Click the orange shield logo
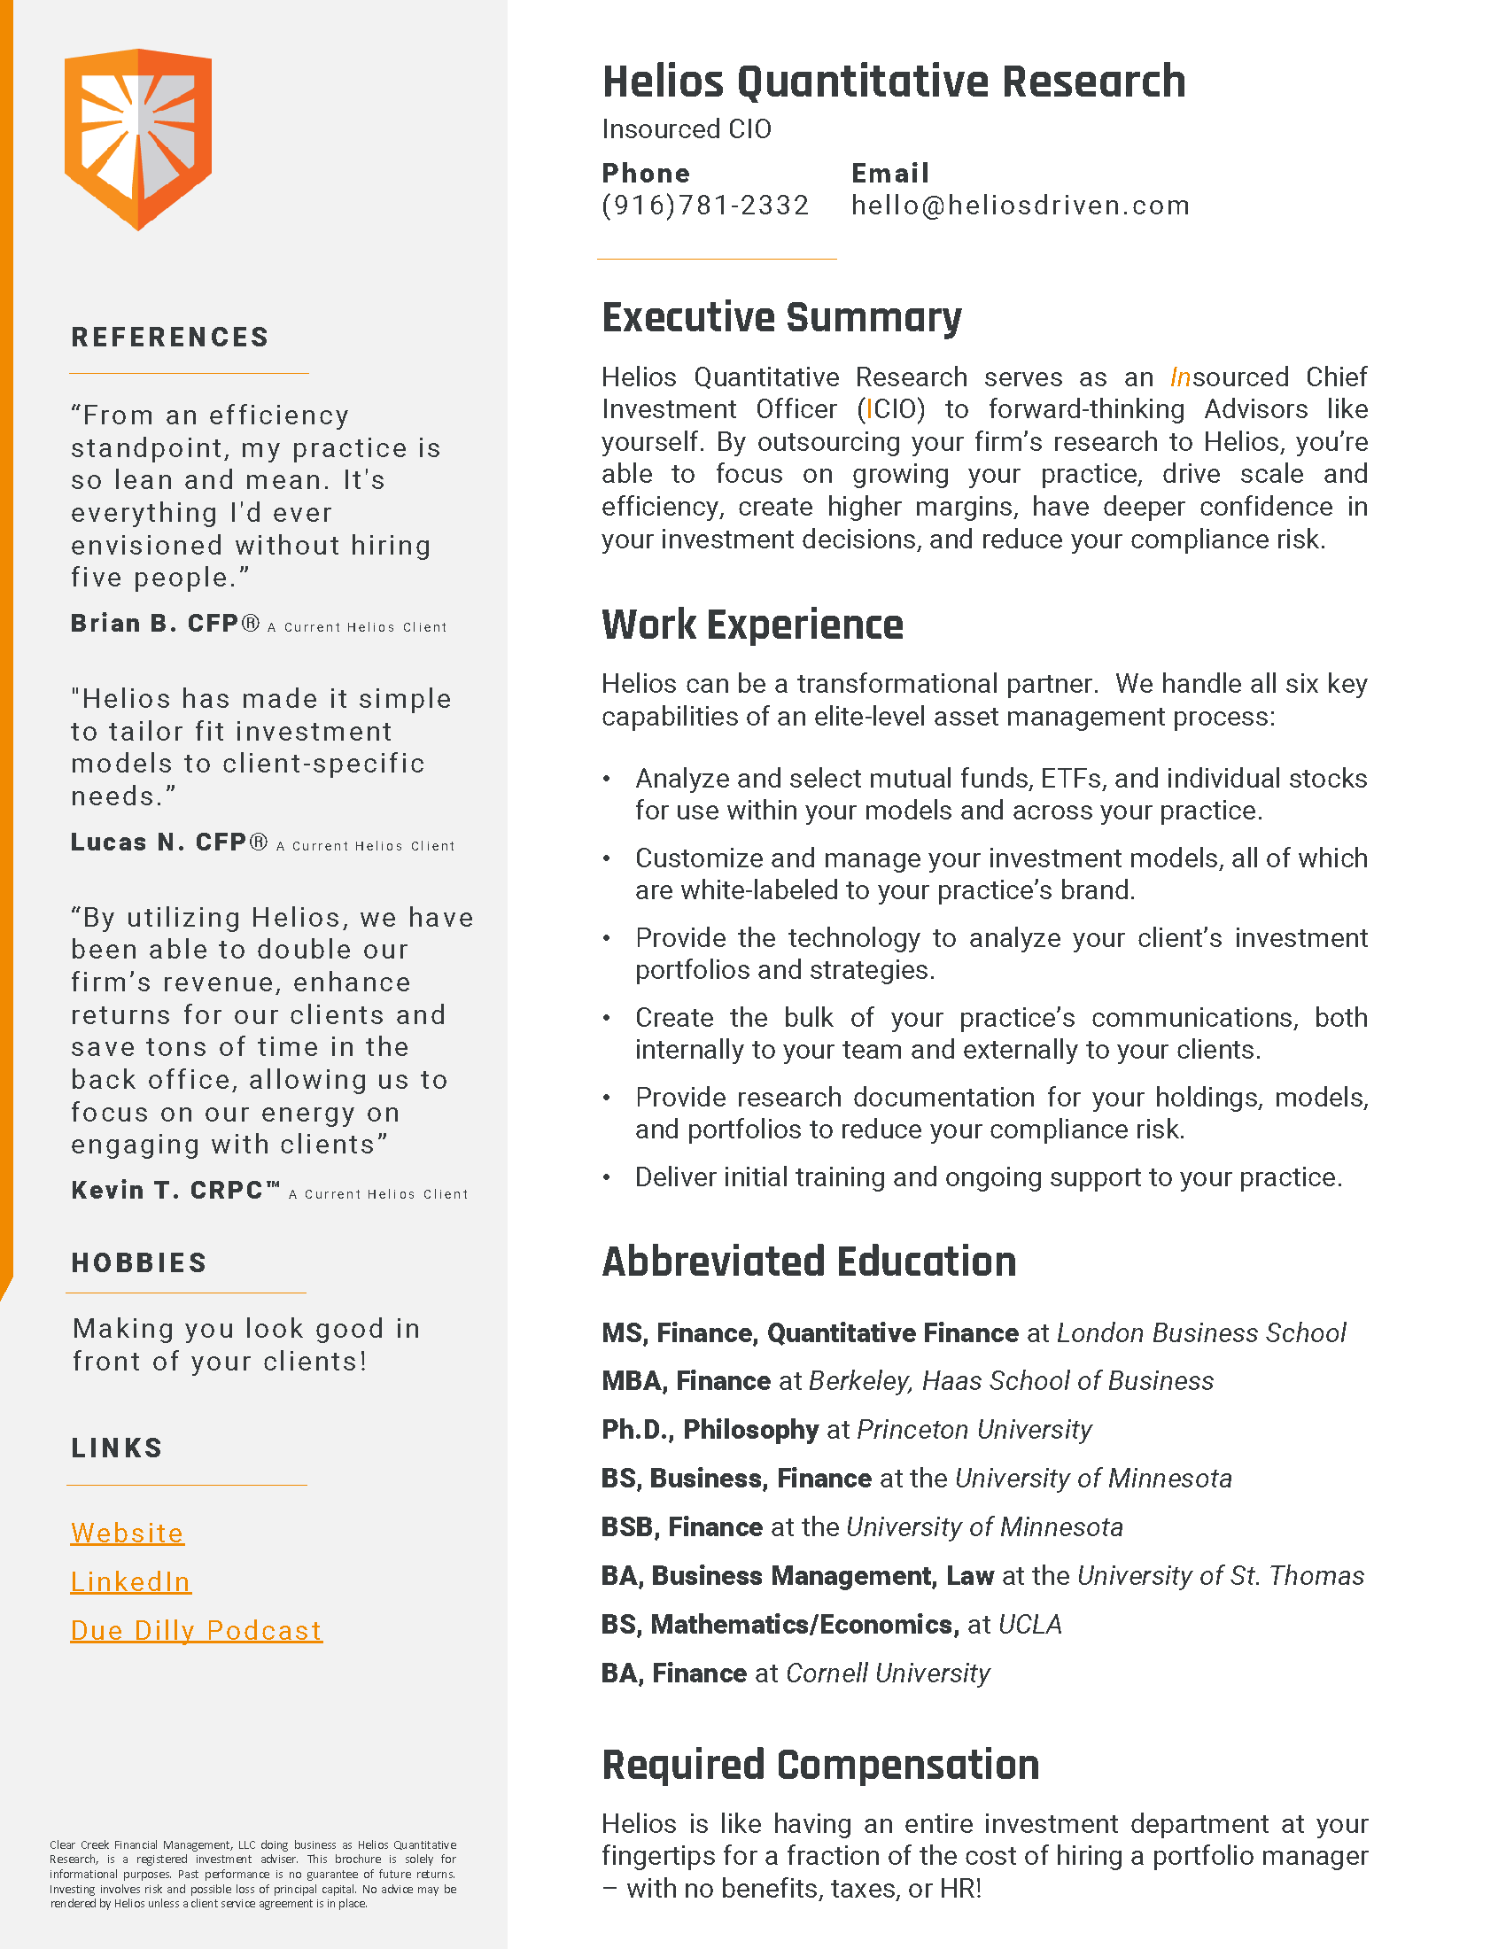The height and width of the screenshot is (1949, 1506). click(x=137, y=138)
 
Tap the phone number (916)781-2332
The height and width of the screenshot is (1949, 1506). click(x=705, y=206)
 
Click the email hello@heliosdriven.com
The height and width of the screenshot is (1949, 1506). click(x=1020, y=206)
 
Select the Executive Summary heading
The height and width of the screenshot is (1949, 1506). click(x=781, y=318)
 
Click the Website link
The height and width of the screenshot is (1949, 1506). click(x=128, y=1534)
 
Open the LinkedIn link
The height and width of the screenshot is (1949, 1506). click(x=130, y=1581)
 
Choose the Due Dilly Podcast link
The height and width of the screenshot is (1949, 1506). click(x=197, y=1630)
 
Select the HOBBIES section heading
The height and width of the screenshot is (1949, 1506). click(x=139, y=1262)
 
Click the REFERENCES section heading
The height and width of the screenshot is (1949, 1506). click(x=170, y=338)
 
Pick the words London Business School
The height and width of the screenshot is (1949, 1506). click(x=1201, y=1333)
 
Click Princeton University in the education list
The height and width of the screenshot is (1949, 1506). click(x=974, y=1430)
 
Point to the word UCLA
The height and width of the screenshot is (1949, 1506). click(x=1029, y=1624)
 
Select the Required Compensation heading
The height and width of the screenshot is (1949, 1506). click(x=821, y=1765)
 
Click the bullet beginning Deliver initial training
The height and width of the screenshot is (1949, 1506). click(x=988, y=1177)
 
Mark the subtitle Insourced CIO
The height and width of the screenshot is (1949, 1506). click(x=686, y=129)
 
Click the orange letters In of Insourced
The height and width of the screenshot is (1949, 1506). click(x=1180, y=377)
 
